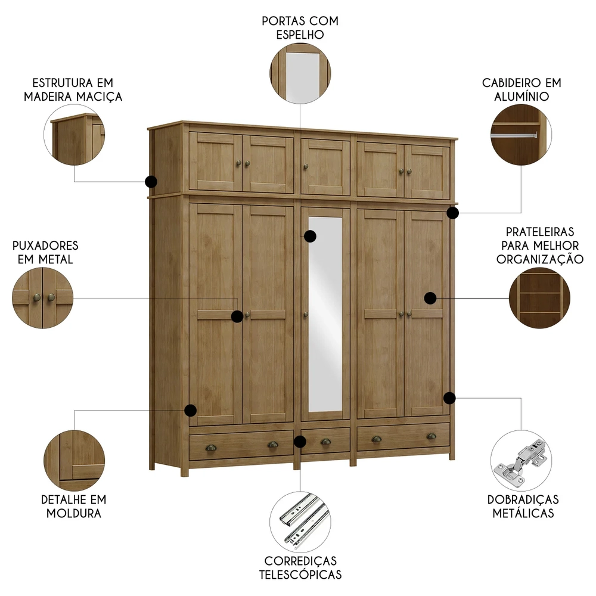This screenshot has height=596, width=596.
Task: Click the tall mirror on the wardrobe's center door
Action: pyautogui.click(x=325, y=334)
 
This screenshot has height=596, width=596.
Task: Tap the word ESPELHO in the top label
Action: pyautogui.click(x=300, y=35)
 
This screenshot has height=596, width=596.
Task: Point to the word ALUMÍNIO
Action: pyautogui.click(x=522, y=96)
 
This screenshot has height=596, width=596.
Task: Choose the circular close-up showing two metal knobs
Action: pyautogui.click(x=42, y=296)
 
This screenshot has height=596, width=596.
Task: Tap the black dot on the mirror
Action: pyautogui.click(x=309, y=236)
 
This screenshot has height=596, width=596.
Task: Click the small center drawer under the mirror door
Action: pyautogui.click(x=325, y=440)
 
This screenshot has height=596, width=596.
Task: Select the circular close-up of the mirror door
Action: pyautogui.click(x=300, y=73)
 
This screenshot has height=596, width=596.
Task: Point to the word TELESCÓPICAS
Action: pyautogui.click(x=300, y=575)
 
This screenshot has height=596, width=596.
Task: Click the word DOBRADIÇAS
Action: pyautogui.click(x=522, y=499)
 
